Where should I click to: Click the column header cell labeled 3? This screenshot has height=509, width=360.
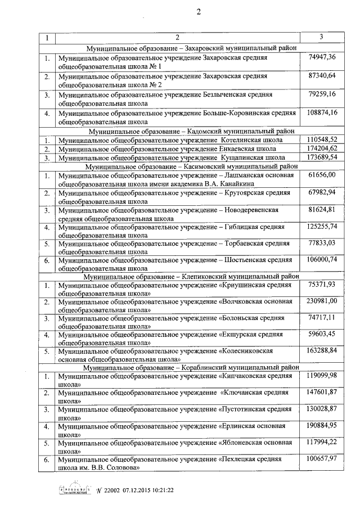320,37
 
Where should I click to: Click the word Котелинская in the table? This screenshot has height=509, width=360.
240,139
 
